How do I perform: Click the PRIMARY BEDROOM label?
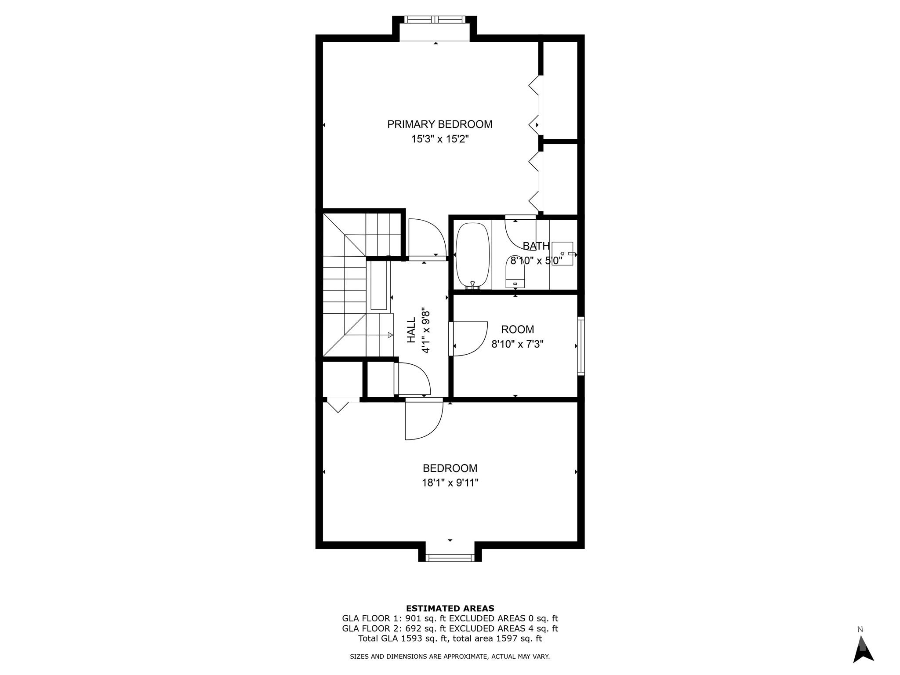coord(439,124)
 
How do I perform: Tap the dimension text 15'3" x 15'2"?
coord(439,139)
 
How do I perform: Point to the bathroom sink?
coord(562,254)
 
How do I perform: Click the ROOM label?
coord(517,329)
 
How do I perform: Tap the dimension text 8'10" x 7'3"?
coord(517,344)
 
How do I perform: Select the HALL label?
coord(411,330)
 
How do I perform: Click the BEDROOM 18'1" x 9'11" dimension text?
coord(450,483)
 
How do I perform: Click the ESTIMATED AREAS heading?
coord(450,609)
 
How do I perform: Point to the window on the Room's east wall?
coord(581,346)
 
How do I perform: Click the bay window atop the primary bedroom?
coord(435,20)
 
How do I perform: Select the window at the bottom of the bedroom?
coord(450,558)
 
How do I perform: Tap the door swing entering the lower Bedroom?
coord(423,420)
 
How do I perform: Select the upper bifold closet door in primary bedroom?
coord(534,105)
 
